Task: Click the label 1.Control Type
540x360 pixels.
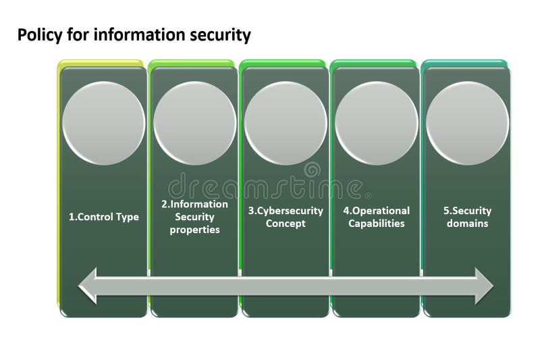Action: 104,217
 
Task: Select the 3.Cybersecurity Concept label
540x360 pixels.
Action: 286,217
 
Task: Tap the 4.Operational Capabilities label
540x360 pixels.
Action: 377,217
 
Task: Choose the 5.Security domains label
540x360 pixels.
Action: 467,217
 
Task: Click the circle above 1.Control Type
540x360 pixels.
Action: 103,124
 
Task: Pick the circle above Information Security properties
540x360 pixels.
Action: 194,124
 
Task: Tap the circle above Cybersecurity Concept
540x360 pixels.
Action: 286,124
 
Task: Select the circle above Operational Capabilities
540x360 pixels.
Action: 377,124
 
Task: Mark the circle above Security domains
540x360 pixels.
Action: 467,124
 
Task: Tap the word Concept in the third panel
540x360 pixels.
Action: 286,224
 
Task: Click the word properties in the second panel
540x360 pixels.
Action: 195,230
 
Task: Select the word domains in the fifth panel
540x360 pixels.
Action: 467,224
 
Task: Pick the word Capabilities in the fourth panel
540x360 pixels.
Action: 377,224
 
